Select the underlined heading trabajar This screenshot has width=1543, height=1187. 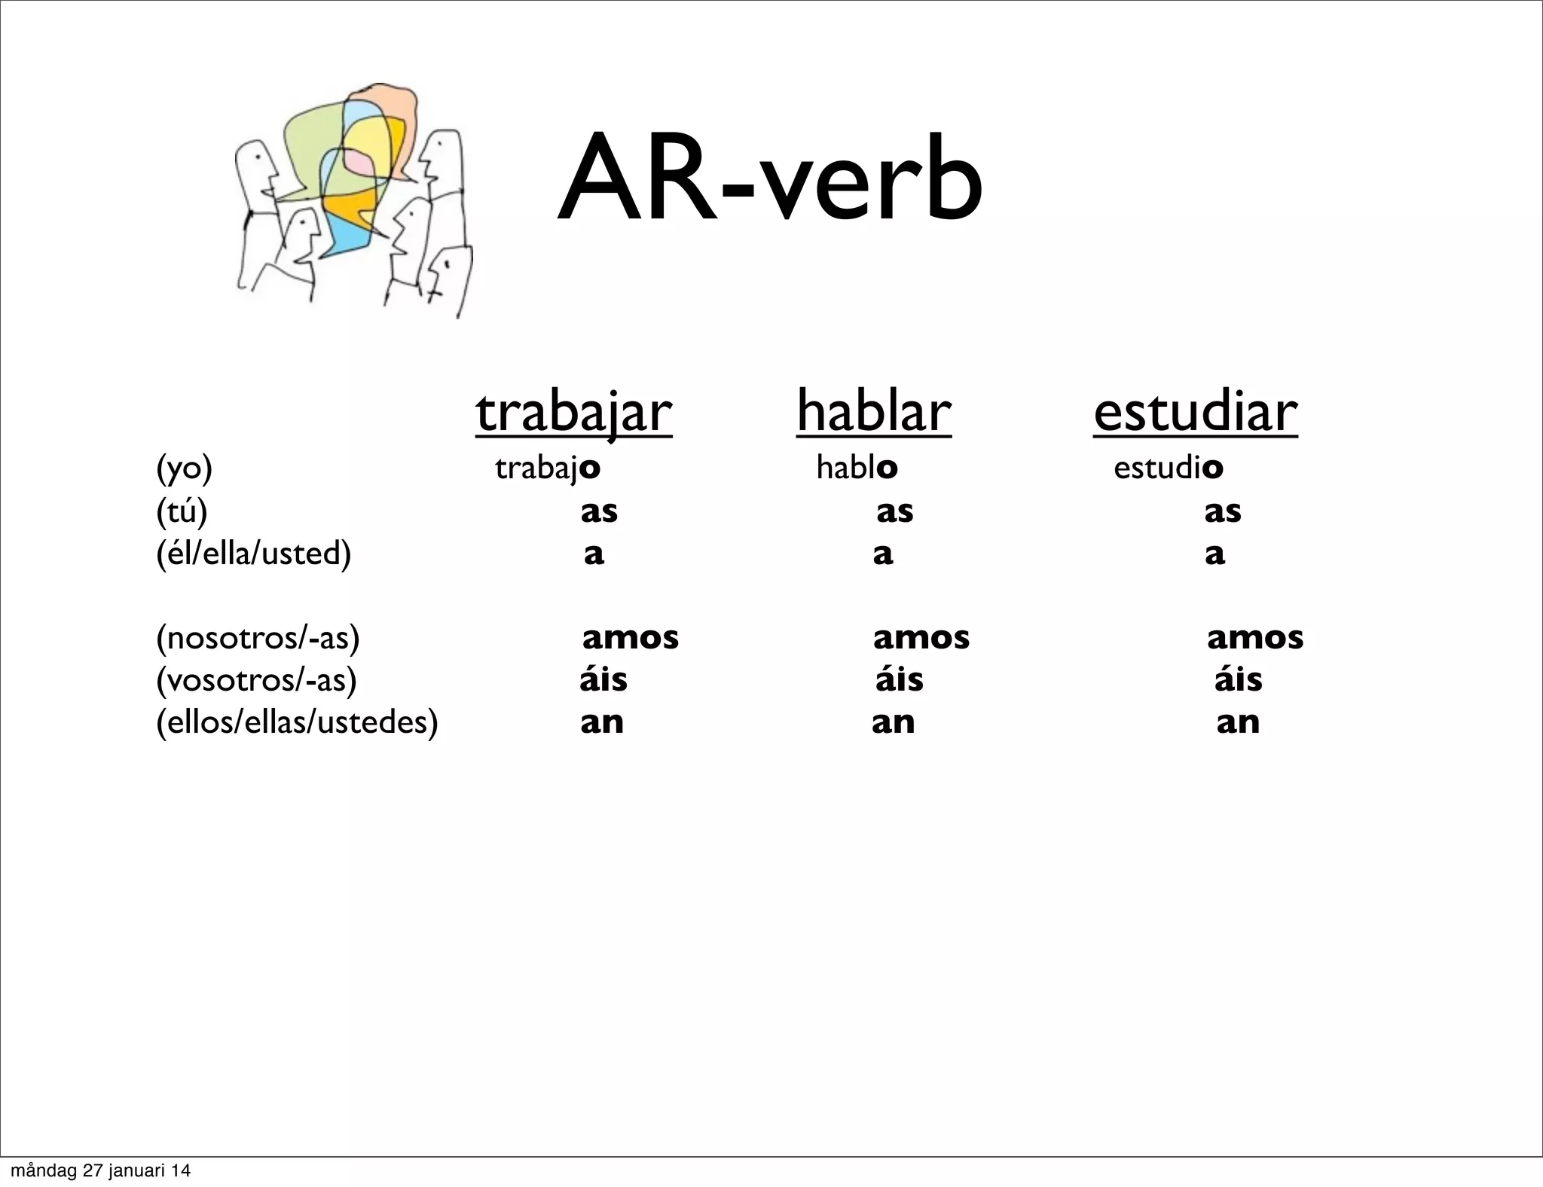pyautogui.click(x=574, y=413)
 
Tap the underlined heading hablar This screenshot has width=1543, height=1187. pyautogui.click(x=874, y=413)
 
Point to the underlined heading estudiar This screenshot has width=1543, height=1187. pyautogui.click(x=1196, y=413)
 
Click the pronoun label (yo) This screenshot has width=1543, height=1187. pyautogui.click(x=185, y=468)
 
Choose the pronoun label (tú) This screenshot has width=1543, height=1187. pyautogui.click(x=182, y=511)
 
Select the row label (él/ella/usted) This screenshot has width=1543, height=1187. pyautogui.click(x=254, y=554)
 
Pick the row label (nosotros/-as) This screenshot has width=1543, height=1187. pyautogui.click(x=258, y=639)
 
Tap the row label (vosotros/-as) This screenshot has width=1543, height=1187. pyautogui.click(x=256, y=681)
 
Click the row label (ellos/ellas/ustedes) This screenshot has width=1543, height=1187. pyautogui.click(x=297, y=723)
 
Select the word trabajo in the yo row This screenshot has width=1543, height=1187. pyautogui.click(x=548, y=468)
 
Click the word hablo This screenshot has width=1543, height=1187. pyautogui.click(x=857, y=468)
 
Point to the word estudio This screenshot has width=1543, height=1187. pyautogui.click(x=1169, y=468)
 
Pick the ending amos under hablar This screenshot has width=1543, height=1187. pyautogui.click(x=921, y=639)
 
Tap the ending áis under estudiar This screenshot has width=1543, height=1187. pyautogui.click(x=1239, y=680)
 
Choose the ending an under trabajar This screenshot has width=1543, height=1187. pyautogui.click(x=602, y=723)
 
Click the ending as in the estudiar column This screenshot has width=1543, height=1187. pyautogui.click(x=1223, y=512)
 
